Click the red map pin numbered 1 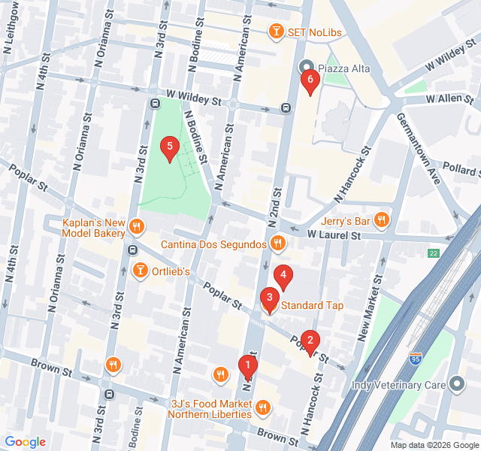pos(247,366)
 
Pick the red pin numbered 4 pos(283,277)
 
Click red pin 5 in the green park pos(170,148)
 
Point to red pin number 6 pos(309,80)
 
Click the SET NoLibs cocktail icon pos(277,31)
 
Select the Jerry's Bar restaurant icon pos(382,220)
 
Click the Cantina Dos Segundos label pos(213,244)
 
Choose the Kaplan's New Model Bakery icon pos(136,225)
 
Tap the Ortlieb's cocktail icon pos(140,271)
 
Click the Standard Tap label pos(312,305)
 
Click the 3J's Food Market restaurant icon pos(262,408)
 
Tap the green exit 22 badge pos(433,253)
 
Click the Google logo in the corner pos(25,442)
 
